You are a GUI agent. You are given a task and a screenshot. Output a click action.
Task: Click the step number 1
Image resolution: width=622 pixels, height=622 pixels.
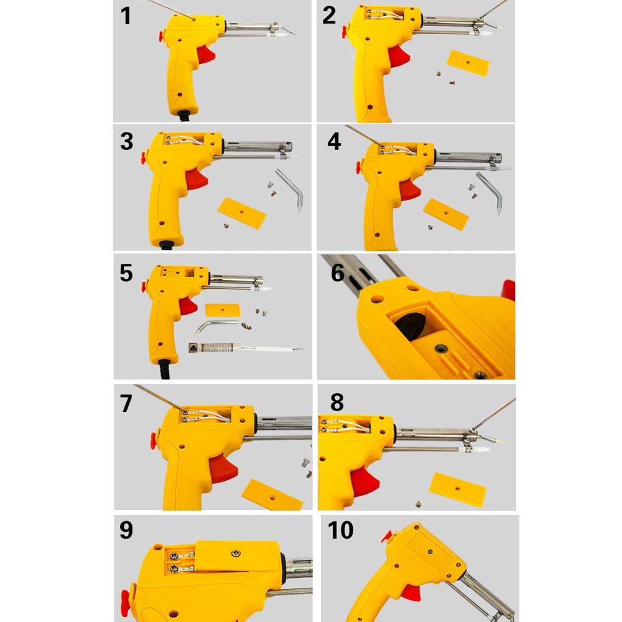(126, 16)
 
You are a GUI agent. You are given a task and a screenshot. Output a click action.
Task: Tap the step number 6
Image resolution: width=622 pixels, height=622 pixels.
(338, 272)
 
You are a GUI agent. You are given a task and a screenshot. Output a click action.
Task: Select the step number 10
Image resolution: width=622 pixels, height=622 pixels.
(340, 530)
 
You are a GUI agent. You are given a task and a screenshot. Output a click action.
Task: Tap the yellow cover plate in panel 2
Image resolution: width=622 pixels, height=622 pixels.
(468, 63)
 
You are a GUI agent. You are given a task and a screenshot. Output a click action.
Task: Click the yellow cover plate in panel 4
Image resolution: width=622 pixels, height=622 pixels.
(446, 214)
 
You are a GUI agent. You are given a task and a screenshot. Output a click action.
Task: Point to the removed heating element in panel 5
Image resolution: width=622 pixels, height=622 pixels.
(246, 348)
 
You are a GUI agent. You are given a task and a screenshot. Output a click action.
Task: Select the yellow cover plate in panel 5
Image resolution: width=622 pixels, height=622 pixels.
(223, 310)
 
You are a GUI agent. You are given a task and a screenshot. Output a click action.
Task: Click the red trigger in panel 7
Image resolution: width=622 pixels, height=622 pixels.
(223, 468)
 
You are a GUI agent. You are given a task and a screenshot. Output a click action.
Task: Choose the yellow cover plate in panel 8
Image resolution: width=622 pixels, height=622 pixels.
(457, 490)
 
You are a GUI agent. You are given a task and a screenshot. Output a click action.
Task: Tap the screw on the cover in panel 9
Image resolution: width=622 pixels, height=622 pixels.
(236, 552)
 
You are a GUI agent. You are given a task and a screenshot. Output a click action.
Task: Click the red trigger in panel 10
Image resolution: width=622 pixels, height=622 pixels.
(411, 591)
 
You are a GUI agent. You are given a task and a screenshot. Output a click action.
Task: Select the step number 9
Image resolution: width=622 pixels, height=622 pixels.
(126, 530)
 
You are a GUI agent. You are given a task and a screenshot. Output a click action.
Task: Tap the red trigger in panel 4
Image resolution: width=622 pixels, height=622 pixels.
(410, 190)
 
